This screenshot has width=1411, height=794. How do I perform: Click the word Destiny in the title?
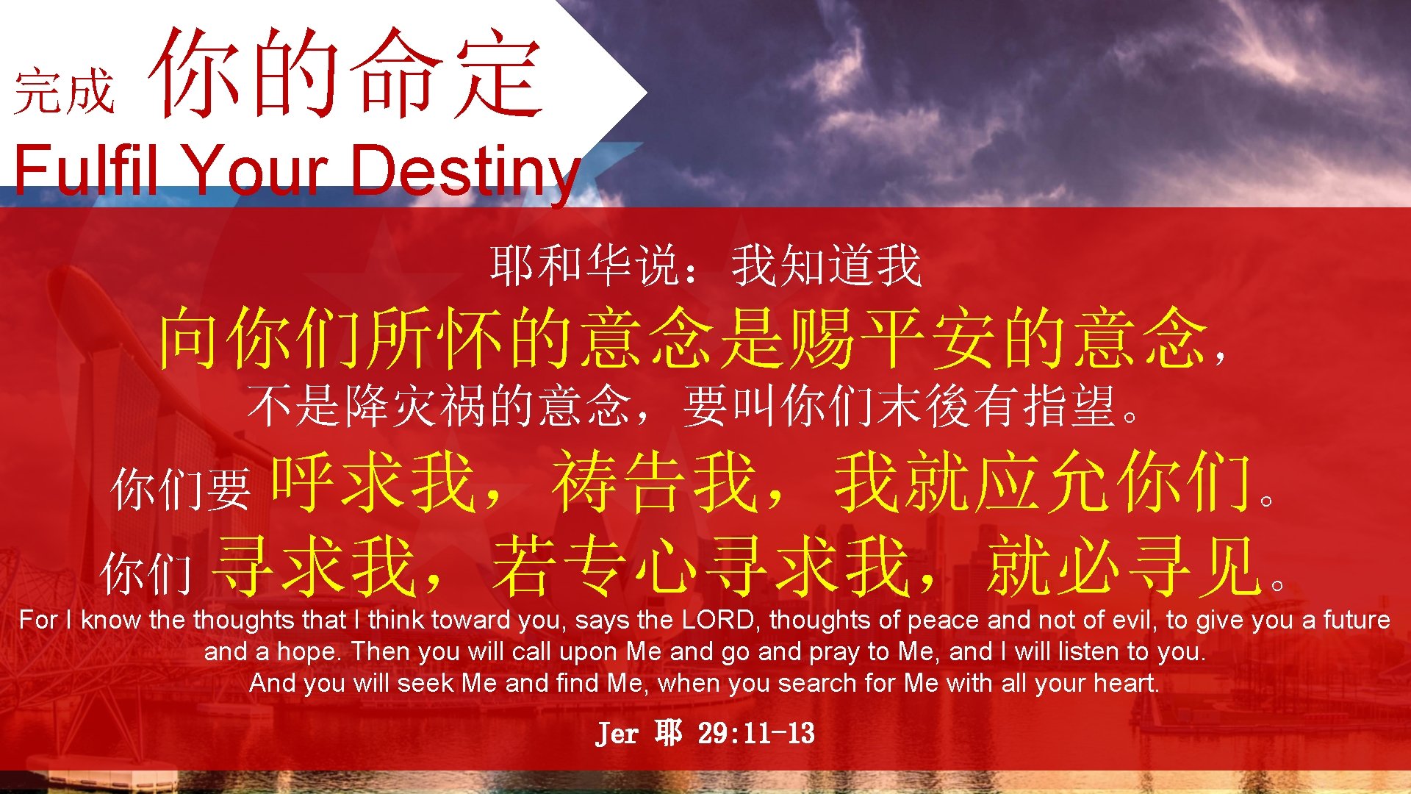[x=464, y=171]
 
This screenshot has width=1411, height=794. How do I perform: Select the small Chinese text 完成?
[x=65, y=92]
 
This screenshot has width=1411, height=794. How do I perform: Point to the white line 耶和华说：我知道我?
[x=705, y=265]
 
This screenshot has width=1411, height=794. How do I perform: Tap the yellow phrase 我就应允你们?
[x=1044, y=482]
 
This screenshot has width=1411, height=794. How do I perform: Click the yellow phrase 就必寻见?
[x=1124, y=566]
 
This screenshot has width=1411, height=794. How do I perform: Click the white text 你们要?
[x=181, y=490]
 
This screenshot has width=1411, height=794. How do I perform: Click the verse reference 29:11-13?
[x=756, y=733]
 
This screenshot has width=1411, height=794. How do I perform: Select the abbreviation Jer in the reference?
[x=617, y=733]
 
